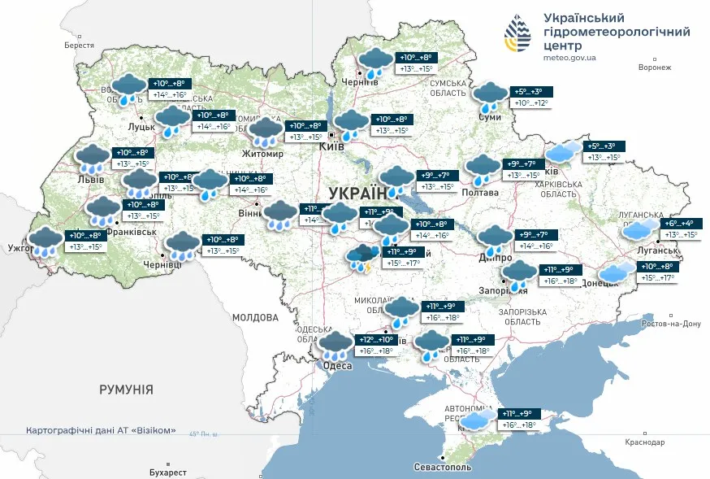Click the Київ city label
click(x=331, y=147)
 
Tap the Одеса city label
click(x=337, y=366)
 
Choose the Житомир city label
click(x=262, y=153)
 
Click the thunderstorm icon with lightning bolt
click(x=361, y=257)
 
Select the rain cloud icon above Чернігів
click(x=375, y=63)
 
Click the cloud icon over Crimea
click(x=477, y=419)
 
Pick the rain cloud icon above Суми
click(x=490, y=97)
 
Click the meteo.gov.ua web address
click(x=569, y=58)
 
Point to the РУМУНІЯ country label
click(x=126, y=390)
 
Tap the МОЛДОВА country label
click(x=255, y=317)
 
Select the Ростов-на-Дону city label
click(x=671, y=324)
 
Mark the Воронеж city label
click(x=654, y=67)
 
